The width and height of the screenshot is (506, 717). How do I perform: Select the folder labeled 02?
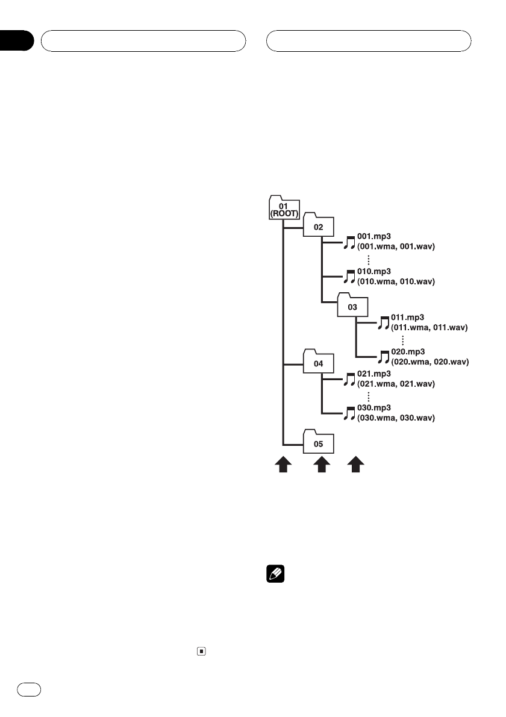(x=319, y=226)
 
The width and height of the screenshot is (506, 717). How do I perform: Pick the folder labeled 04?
(x=319, y=363)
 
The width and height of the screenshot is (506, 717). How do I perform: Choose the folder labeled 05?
(x=319, y=443)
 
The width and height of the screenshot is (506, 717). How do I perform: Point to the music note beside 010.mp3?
(x=349, y=277)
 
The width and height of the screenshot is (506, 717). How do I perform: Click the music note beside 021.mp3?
(x=349, y=379)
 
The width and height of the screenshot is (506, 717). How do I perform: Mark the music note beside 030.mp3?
(x=349, y=413)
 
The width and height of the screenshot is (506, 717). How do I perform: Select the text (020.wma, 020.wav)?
(x=429, y=362)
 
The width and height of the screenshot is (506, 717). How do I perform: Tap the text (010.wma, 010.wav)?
(x=396, y=281)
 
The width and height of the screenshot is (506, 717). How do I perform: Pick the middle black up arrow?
(x=322, y=465)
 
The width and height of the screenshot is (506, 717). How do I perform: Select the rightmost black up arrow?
(x=357, y=465)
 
